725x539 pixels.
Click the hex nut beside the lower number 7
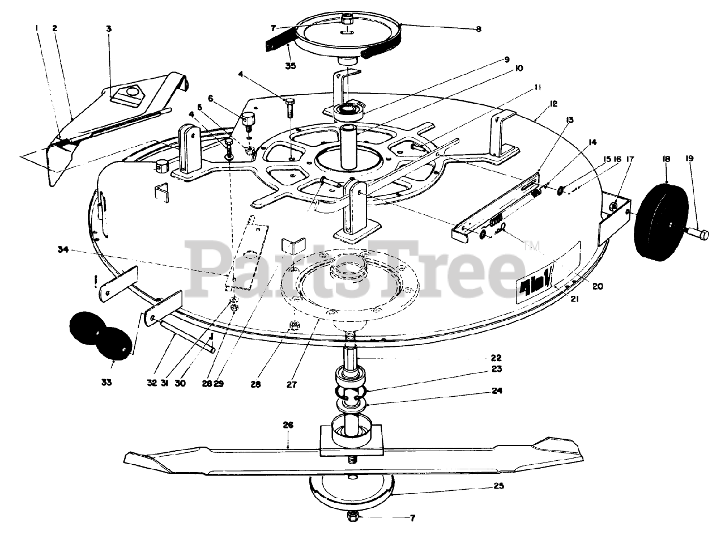pos(353,516)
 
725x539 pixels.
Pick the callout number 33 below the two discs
pos(106,383)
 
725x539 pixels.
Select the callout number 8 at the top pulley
pos(479,28)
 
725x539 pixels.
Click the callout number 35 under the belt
pos(290,65)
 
